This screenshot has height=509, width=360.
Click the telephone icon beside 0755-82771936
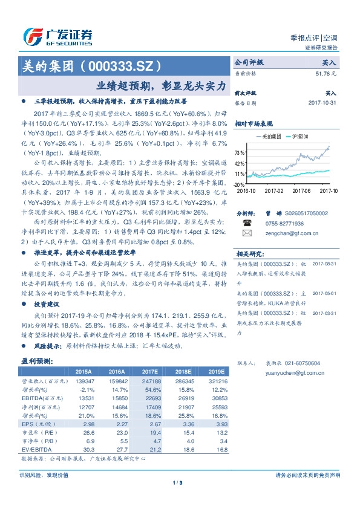click(247, 222)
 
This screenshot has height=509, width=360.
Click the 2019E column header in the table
click(216, 372)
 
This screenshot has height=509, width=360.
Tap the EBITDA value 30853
click(216, 399)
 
